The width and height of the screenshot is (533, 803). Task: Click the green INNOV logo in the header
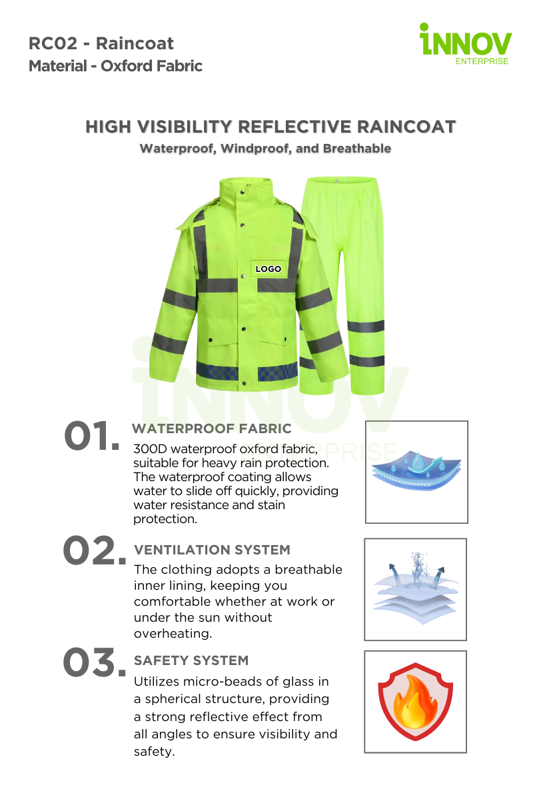click(x=465, y=44)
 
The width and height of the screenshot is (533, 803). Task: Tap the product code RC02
click(x=53, y=44)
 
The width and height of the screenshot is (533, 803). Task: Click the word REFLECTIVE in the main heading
click(x=294, y=127)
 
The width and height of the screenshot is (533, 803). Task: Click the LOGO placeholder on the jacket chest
click(x=268, y=269)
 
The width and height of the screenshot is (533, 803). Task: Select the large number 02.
click(x=95, y=550)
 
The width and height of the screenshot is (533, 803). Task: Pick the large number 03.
click(x=95, y=662)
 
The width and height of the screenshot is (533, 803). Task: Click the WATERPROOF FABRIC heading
click(x=212, y=428)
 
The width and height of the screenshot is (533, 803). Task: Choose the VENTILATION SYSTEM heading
click(x=212, y=550)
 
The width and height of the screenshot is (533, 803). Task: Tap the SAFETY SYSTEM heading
click(x=191, y=660)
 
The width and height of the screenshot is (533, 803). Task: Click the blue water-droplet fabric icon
click(x=416, y=470)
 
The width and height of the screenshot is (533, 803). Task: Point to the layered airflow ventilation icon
click(x=416, y=588)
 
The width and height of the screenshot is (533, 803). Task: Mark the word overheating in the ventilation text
click(x=173, y=634)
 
